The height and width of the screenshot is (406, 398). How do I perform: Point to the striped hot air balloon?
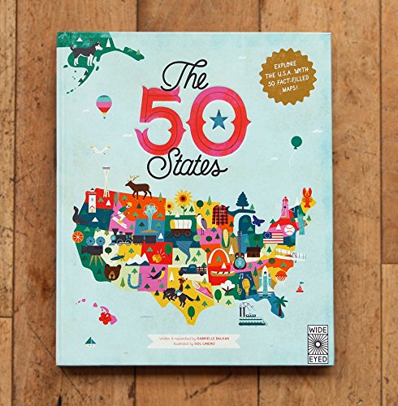tap(105, 105)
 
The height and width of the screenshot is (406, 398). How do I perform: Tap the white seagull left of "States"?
tap(100, 149)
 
